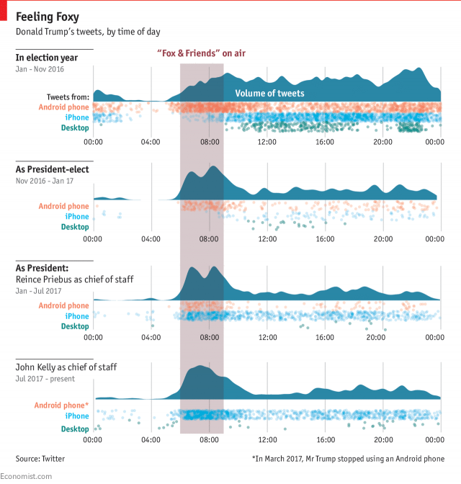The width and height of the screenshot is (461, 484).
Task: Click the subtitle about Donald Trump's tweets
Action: (87, 32)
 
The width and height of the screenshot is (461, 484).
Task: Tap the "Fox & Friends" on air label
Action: (201, 53)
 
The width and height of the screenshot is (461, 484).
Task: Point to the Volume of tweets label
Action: (269, 94)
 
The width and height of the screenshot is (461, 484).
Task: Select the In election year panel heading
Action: (50, 58)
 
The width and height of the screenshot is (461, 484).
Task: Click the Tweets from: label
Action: (68, 97)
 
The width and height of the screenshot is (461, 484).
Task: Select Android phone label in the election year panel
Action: (64, 107)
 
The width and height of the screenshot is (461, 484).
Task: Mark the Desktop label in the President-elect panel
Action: (75, 227)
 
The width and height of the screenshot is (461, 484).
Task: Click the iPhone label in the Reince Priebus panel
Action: (77, 316)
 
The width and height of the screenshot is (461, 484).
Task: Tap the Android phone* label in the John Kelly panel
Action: (62, 405)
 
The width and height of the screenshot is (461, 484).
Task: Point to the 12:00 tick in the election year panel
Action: (267, 142)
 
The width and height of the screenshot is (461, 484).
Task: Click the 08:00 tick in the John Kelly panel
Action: (209, 440)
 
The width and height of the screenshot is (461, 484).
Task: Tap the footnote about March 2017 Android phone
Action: (348, 458)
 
